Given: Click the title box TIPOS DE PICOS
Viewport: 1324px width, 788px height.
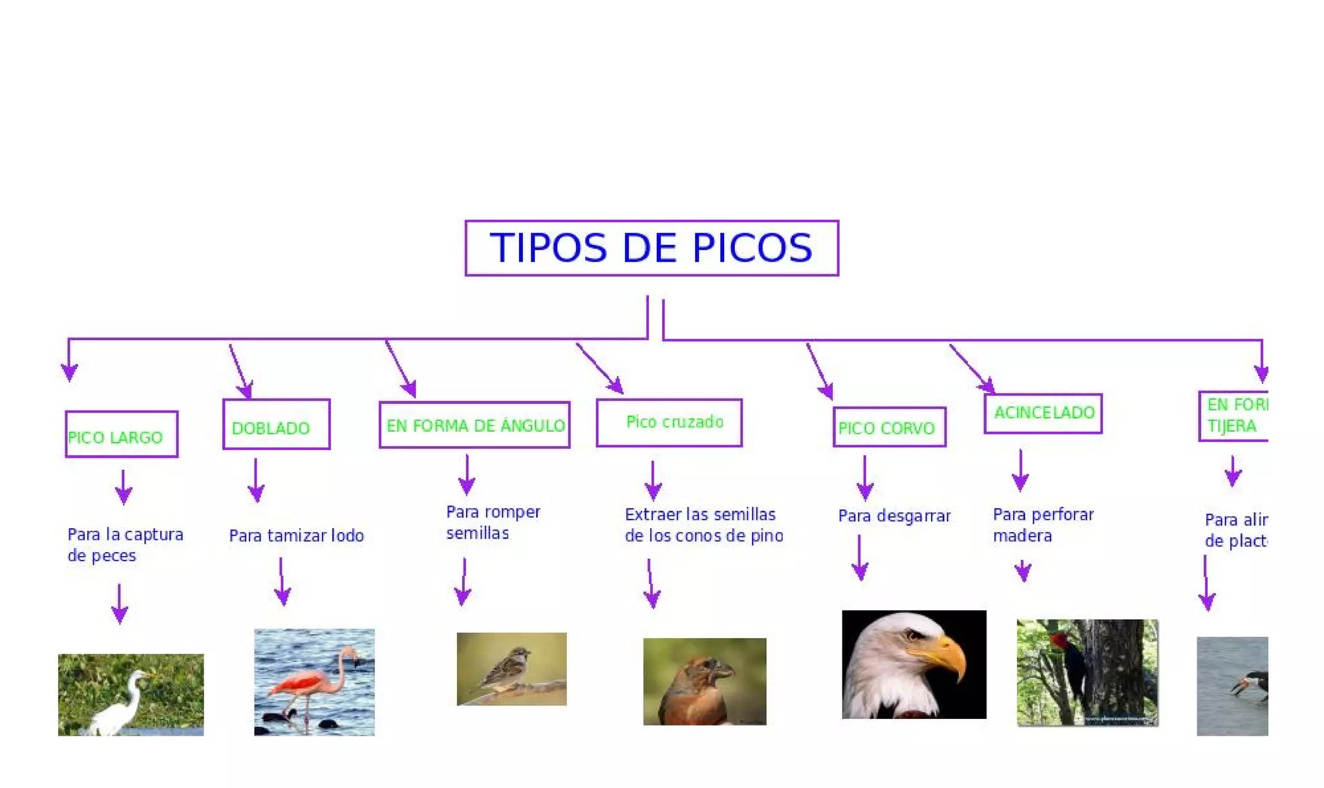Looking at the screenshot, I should tap(652, 248).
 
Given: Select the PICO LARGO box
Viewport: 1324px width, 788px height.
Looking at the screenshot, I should tap(122, 434).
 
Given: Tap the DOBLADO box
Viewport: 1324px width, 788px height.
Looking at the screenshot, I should tap(276, 425).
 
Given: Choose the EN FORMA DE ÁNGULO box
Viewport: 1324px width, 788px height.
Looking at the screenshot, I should tap(475, 425).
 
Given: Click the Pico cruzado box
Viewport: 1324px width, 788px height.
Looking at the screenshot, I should tap(669, 423).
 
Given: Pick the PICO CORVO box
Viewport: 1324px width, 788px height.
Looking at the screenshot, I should tap(889, 427).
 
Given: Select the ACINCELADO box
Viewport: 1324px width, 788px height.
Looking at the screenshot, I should tap(1043, 414).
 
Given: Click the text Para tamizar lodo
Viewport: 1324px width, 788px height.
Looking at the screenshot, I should tap(296, 536).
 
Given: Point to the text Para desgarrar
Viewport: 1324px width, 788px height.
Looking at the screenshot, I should tap(894, 516).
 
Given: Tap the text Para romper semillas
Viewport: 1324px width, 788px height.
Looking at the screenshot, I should tap(493, 522).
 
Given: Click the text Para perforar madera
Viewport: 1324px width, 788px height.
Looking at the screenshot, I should tap(1043, 525).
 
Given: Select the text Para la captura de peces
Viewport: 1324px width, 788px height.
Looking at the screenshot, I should tap(125, 545).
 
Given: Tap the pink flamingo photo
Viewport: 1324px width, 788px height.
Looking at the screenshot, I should tap(314, 682).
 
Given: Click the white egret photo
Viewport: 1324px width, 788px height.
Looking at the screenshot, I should tap(131, 695).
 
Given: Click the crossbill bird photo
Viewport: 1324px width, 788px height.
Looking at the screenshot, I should tap(705, 681).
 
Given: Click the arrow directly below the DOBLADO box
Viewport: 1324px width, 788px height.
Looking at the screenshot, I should tap(256, 481).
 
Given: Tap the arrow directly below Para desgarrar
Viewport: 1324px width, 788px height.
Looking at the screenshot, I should tap(860, 557).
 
